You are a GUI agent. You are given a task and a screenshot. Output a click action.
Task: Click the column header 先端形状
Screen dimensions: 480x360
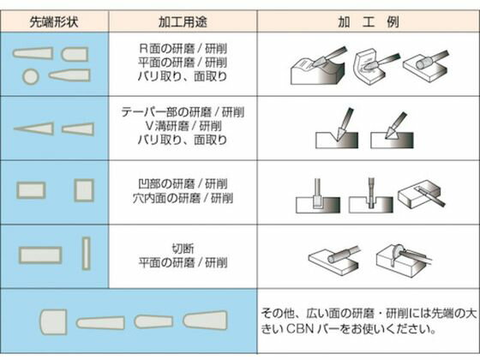(54, 21)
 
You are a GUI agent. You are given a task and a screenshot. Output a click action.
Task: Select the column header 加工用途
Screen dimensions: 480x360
(183, 21)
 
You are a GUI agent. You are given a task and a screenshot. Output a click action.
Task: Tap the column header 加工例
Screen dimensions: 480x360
(369, 21)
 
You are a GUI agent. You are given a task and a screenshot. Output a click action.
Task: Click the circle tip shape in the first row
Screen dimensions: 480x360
(31, 76)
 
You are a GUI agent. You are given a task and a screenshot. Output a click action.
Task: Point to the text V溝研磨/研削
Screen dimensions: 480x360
(183, 126)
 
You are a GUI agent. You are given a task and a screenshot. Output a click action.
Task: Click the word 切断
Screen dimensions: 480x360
(183, 249)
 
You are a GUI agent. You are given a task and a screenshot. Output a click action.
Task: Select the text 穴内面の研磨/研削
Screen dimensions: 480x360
(183, 198)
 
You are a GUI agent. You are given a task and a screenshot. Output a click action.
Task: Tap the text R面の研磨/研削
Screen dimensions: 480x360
(183, 48)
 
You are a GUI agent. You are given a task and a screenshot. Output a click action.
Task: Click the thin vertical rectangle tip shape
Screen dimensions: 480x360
(87, 254)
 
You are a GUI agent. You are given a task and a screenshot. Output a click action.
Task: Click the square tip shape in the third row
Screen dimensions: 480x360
(84, 190)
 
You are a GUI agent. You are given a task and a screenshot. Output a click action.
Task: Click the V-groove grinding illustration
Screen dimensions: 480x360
(338, 129)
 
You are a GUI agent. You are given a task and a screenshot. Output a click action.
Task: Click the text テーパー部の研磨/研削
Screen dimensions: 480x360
(183, 112)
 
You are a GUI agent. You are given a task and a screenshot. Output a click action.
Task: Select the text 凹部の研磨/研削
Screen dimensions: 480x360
(183, 184)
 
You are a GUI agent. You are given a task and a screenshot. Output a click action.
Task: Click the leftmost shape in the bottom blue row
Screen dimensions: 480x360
(53, 321)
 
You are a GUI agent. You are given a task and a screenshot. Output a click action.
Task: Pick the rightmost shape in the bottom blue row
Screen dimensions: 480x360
(205, 321)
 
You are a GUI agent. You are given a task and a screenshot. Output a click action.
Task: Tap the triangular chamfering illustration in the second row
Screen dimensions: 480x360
(393, 130)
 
